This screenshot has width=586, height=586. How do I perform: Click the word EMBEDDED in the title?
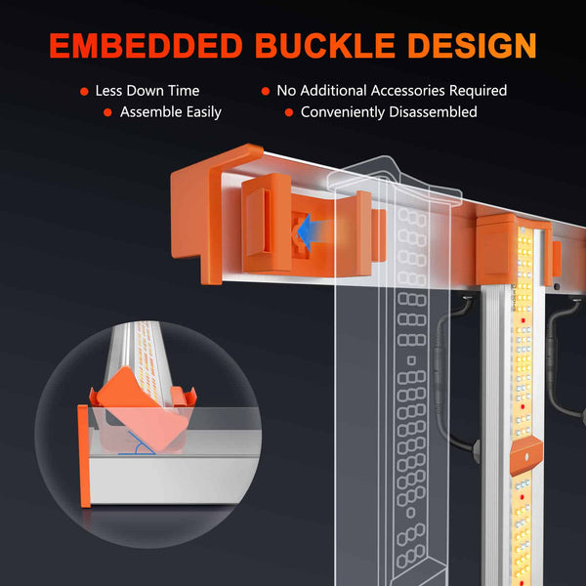pyautogui.click(x=146, y=46)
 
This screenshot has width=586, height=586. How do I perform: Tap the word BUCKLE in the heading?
pyautogui.click(x=325, y=46)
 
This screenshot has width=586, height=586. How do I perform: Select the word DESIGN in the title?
pyautogui.click(x=473, y=46)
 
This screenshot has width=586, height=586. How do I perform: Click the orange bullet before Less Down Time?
pyautogui.click(x=84, y=92)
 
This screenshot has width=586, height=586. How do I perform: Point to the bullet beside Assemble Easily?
pyautogui.click(x=107, y=112)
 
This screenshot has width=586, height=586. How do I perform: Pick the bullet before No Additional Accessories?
pyautogui.click(x=266, y=91)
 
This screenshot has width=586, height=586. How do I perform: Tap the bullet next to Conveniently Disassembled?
pyautogui.click(x=288, y=112)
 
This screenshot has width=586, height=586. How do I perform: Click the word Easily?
pyautogui.click(x=204, y=112)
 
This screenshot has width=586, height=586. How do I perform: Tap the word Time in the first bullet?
pyautogui.click(x=184, y=91)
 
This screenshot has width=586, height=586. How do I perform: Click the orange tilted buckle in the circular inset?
pyautogui.click(x=143, y=409)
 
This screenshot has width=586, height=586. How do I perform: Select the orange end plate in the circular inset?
pyautogui.click(x=84, y=456)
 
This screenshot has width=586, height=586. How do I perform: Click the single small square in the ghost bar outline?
pyautogui.click(x=411, y=360)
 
